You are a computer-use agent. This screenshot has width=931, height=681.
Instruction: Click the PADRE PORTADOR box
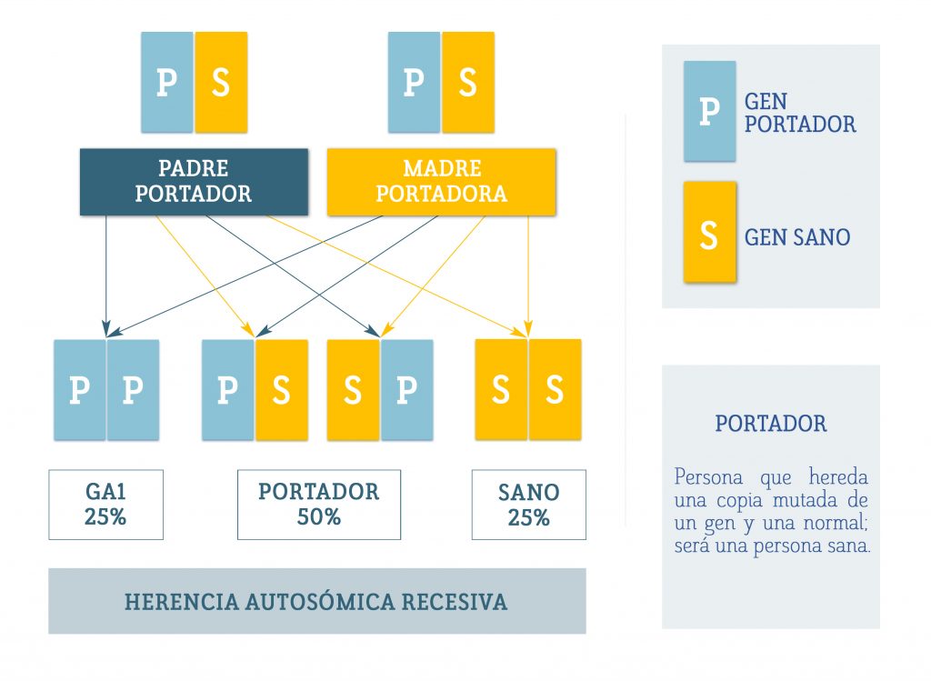pos(195,182)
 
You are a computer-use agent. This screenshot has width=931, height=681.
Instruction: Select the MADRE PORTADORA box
pos(441,182)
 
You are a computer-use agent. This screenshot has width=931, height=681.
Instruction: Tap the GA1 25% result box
pos(105,505)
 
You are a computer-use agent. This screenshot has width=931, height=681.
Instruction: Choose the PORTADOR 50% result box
pos(319,505)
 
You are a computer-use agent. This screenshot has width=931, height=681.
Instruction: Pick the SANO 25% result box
pos(529,505)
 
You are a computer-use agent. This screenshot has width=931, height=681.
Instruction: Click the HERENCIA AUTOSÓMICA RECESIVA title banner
pos(317,601)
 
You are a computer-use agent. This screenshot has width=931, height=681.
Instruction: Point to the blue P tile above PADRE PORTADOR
pos(167,82)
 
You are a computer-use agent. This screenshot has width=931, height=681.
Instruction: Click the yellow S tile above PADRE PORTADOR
pos(221,82)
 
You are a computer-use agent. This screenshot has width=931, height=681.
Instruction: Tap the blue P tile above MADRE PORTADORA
pos(414,82)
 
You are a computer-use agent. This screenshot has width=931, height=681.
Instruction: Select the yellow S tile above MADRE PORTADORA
pos(468,82)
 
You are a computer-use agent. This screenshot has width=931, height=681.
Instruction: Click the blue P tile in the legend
pos(709,111)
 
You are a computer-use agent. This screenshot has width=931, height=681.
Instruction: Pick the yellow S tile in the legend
pos(709,232)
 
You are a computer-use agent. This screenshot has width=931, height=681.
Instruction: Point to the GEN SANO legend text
pos(797,237)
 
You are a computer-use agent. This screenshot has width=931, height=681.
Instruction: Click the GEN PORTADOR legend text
pos(800,113)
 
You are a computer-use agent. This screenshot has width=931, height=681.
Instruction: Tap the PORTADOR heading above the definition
pos(771,424)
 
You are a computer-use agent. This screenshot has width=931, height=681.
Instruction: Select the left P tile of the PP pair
pos(80,389)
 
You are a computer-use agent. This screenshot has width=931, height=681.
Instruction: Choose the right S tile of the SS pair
pos(556,389)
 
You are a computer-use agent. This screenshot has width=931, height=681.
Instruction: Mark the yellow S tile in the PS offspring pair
pos(282,389)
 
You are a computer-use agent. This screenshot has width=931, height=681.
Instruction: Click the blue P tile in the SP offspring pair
pos(406,389)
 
